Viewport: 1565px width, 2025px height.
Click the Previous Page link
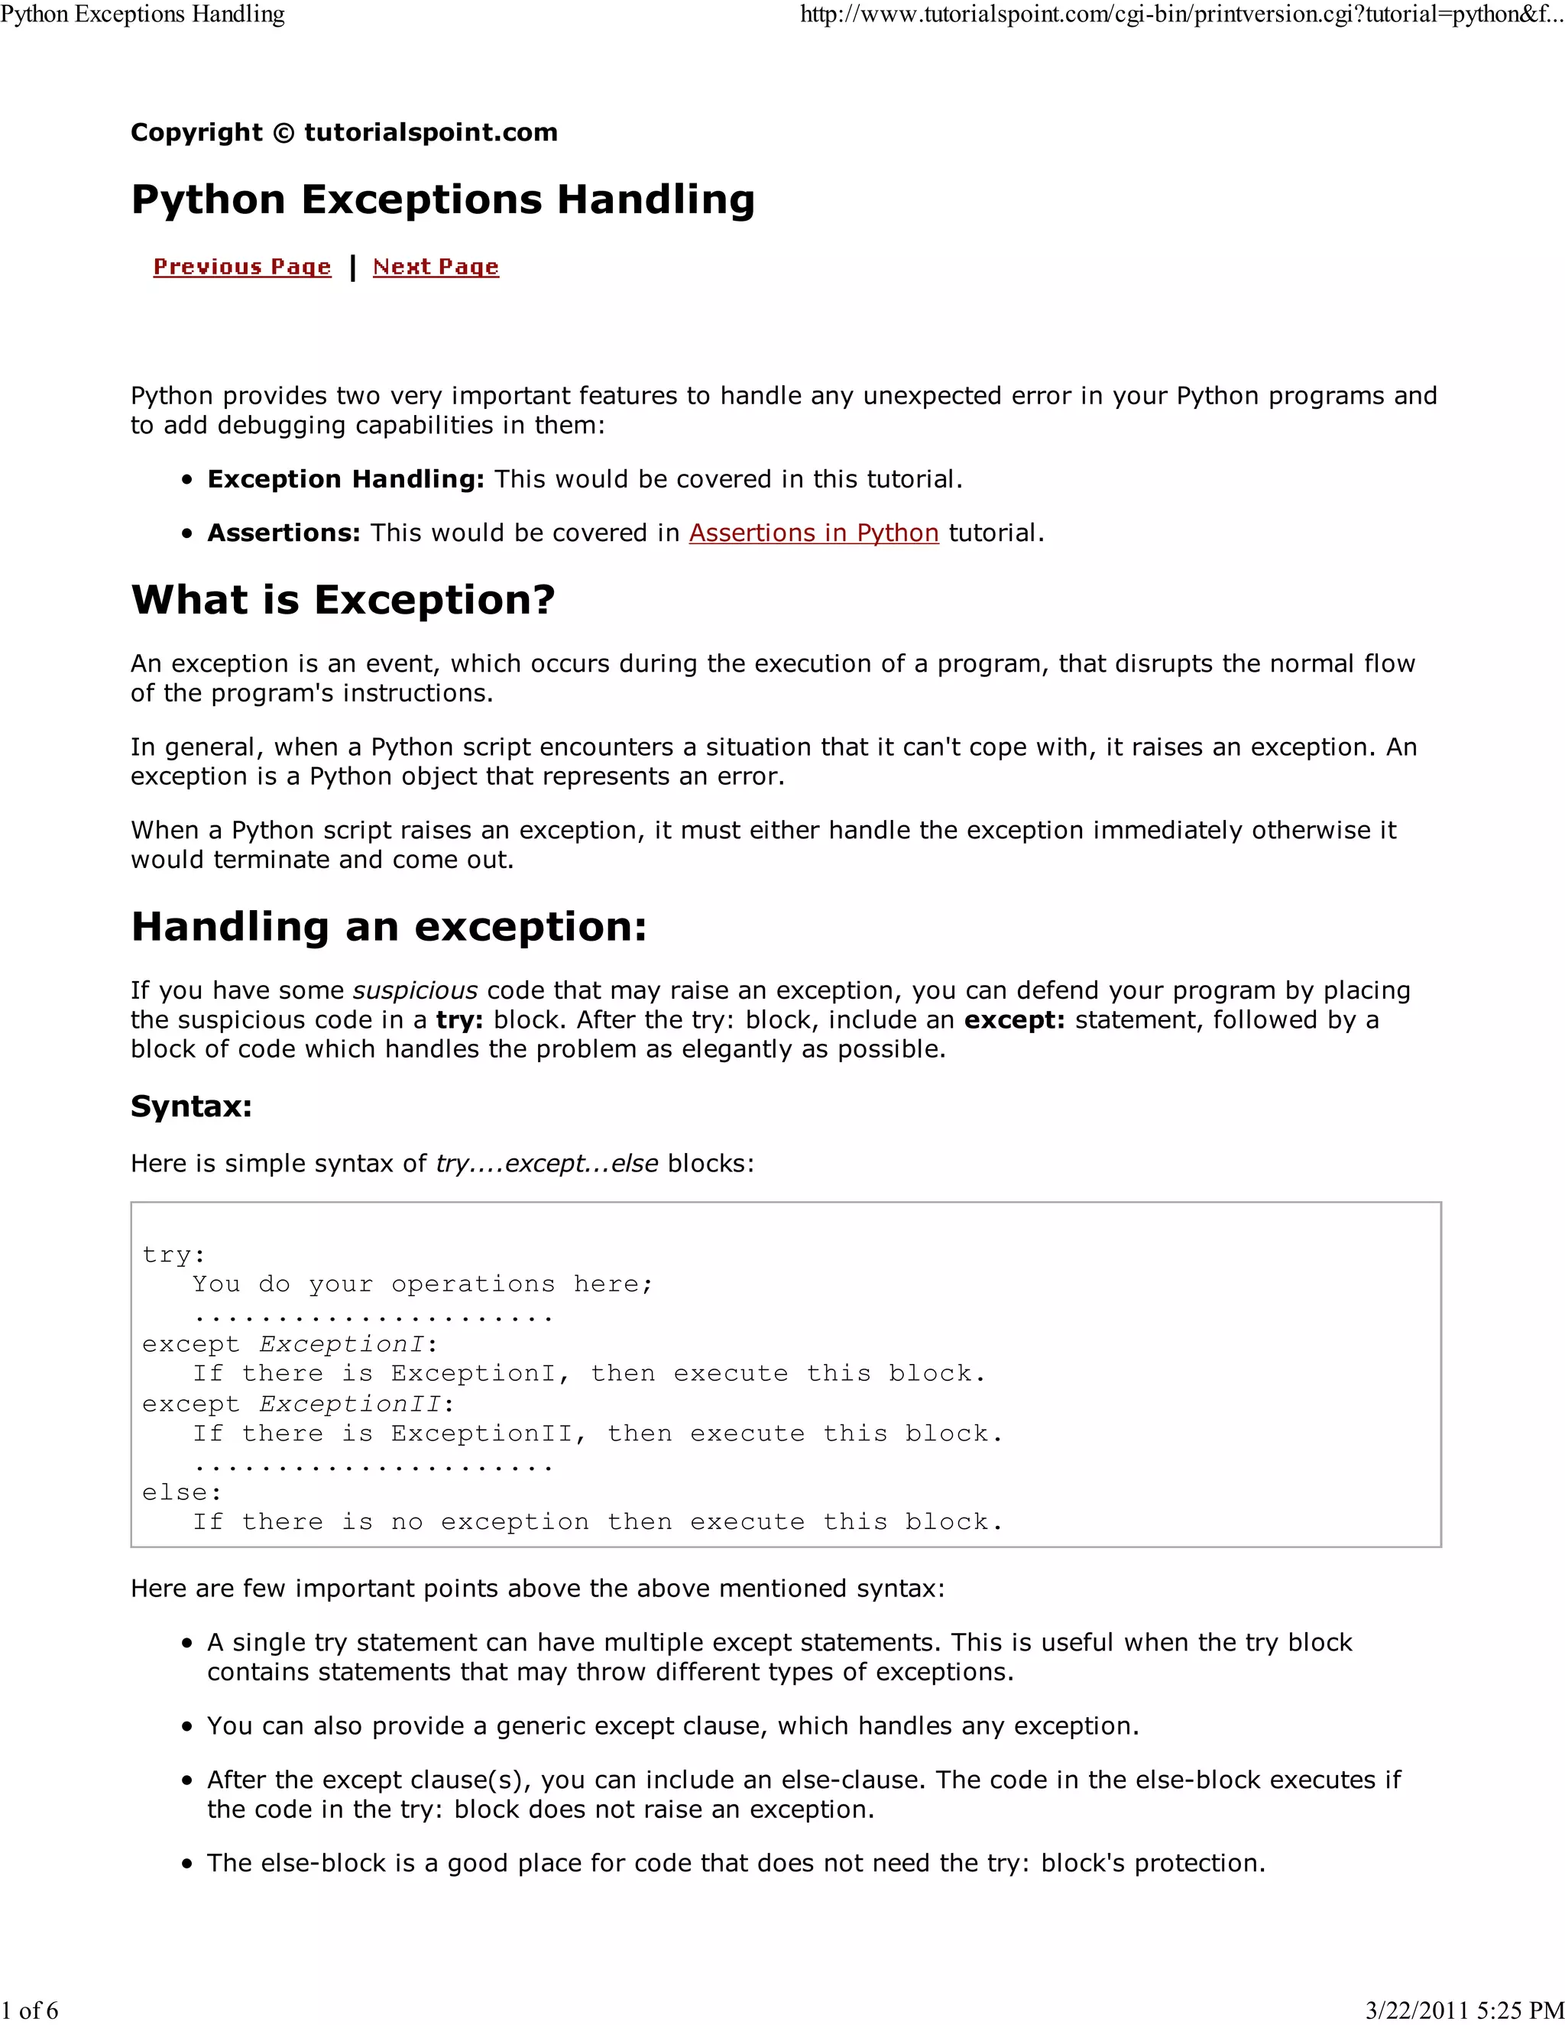tap(242, 267)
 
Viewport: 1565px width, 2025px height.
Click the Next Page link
tap(436, 267)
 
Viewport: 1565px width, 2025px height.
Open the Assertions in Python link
tap(813, 533)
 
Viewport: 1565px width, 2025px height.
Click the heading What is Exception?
tap(343, 600)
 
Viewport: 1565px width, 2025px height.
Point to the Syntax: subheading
tap(191, 1106)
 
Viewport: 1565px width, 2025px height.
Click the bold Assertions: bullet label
tap(284, 533)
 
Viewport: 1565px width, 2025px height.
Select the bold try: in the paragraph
tap(460, 1020)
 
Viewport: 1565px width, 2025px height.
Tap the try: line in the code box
tap(173, 1255)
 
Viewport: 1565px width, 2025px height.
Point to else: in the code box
tap(182, 1492)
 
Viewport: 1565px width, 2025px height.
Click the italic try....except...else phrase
tap(547, 1164)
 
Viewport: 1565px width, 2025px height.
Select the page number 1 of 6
tap(30, 2010)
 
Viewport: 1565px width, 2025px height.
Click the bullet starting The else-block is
tap(735, 1863)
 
